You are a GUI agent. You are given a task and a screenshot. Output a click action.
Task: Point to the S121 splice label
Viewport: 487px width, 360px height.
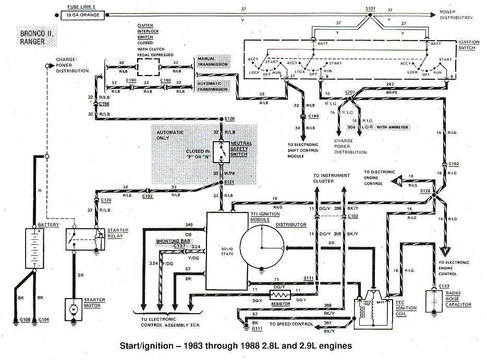click(230, 182)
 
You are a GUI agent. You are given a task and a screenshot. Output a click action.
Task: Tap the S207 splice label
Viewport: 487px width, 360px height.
click(350, 92)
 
